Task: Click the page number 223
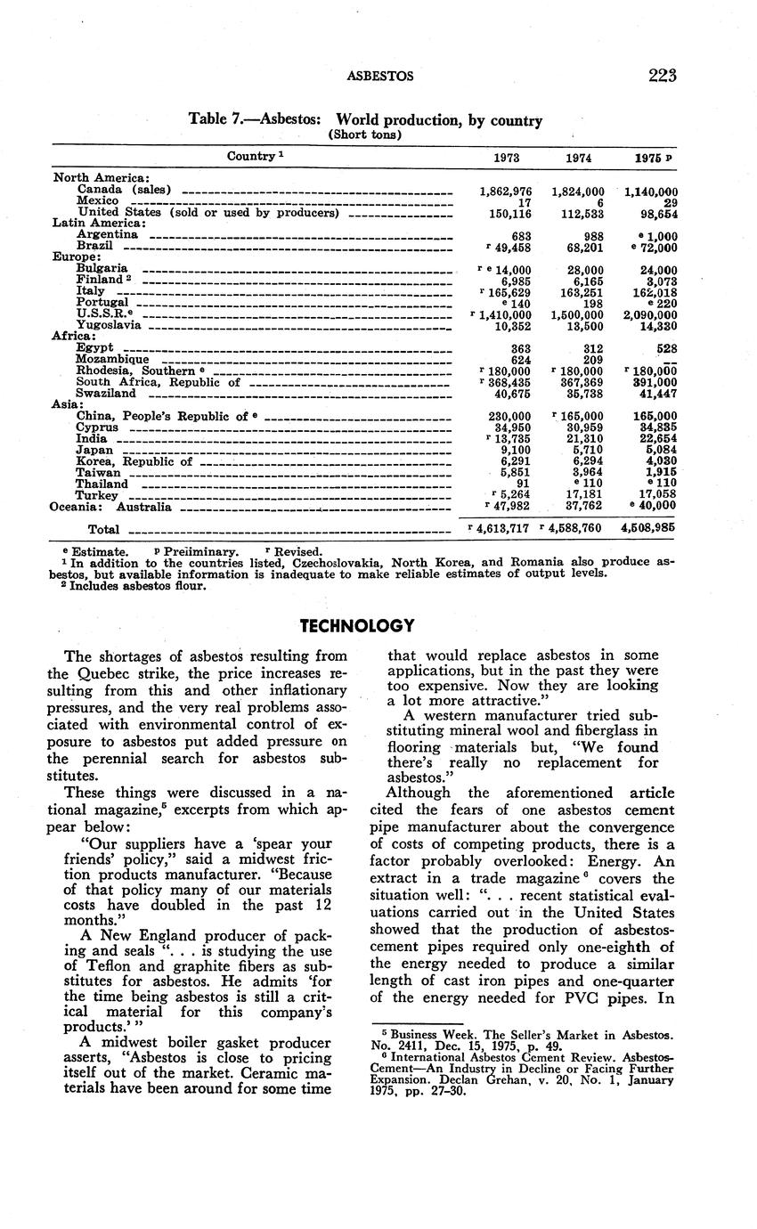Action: (x=663, y=76)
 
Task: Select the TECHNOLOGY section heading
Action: (x=357, y=626)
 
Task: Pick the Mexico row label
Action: (x=97, y=201)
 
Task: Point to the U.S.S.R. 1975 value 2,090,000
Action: (x=650, y=314)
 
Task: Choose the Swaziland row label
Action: (x=106, y=393)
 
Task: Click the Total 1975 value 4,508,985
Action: (x=650, y=527)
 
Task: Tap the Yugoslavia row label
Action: (x=109, y=325)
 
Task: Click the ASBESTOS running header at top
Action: (x=379, y=77)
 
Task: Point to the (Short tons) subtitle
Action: (x=365, y=135)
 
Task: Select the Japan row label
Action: (x=94, y=451)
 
